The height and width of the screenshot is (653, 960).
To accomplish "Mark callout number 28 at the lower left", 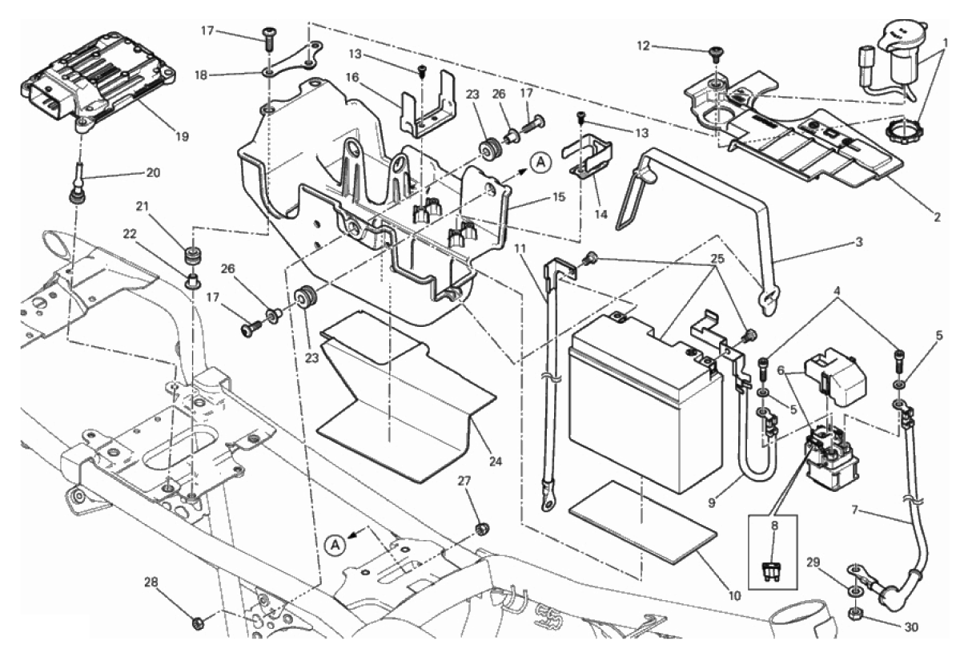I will [x=151, y=582].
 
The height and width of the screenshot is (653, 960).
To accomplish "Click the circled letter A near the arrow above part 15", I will [x=541, y=163].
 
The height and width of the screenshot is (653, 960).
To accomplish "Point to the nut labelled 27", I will [x=482, y=529].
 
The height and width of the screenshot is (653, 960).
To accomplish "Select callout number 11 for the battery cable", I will [x=520, y=248].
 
